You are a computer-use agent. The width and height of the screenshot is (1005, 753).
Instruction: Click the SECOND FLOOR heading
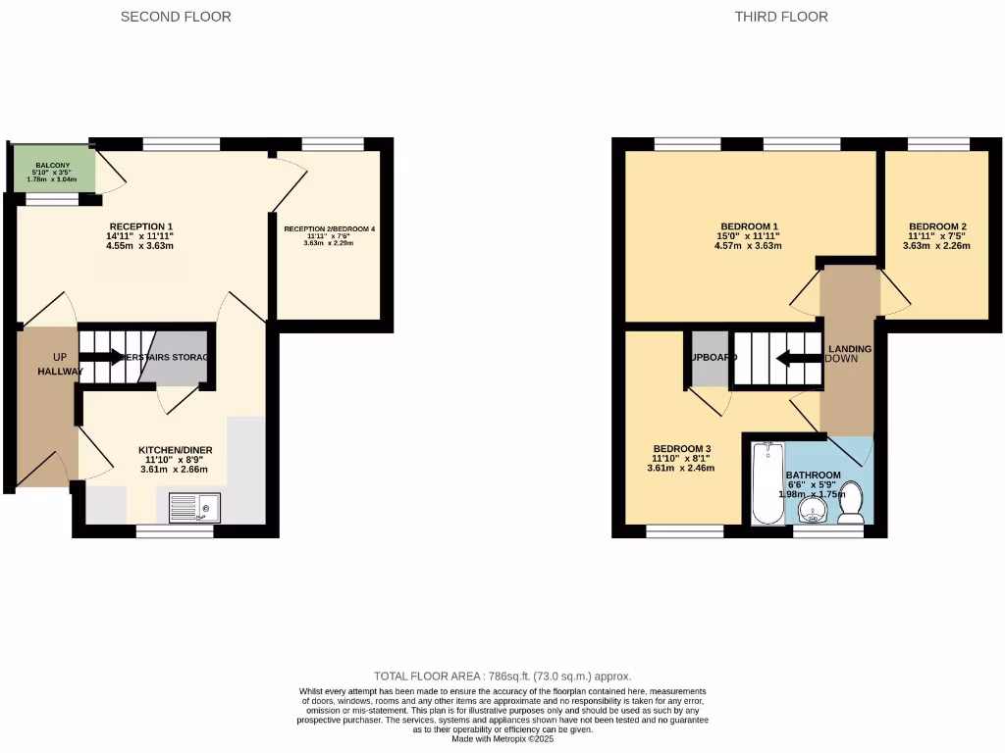176,17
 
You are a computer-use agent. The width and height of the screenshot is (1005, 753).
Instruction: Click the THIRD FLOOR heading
781,17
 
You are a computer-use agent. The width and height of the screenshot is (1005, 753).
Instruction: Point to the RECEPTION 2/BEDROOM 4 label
330,229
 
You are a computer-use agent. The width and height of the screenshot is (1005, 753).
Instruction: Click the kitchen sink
195,508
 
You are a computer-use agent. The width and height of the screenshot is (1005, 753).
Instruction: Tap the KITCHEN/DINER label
176,450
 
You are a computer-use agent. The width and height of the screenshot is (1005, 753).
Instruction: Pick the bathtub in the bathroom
765,482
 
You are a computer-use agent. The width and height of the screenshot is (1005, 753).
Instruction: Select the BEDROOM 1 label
749,223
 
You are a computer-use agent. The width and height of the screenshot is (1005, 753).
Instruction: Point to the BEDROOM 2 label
937,223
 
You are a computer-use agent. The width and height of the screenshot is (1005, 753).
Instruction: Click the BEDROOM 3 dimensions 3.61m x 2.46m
681,469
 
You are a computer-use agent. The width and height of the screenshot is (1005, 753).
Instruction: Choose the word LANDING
850,348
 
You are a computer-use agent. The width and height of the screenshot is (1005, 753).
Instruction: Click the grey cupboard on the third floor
709,357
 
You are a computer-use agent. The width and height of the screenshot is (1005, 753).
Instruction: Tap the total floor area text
502,677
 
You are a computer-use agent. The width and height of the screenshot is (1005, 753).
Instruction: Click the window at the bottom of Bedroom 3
685,531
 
